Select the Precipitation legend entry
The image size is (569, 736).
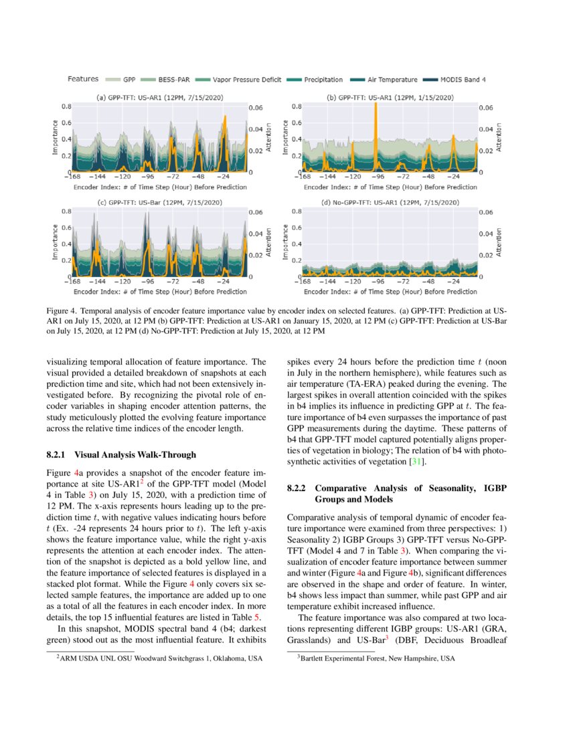(323, 80)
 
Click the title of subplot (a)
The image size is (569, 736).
(159, 98)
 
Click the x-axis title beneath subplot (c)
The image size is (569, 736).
(159, 292)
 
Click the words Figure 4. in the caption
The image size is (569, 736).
(63, 312)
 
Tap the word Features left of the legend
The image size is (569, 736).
(83, 79)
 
